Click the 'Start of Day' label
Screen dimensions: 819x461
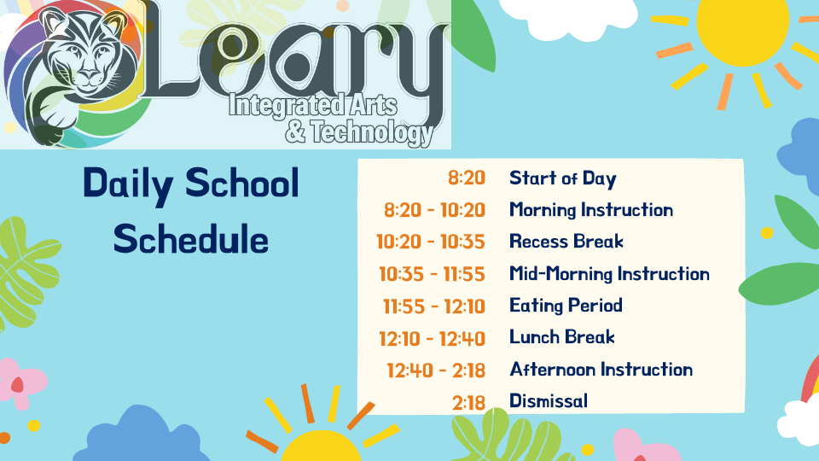click(x=563, y=178)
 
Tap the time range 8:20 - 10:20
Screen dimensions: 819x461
click(x=434, y=210)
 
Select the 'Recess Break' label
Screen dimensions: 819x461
click(x=566, y=242)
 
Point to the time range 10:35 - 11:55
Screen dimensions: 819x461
click(x=432, y=274)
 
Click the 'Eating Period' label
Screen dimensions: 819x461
click(x=566, y=306)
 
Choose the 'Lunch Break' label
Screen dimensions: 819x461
click(x=562, y=337)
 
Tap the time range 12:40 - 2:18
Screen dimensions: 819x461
click(x=436, y=371)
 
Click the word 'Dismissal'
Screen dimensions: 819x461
click(x=549, y=401)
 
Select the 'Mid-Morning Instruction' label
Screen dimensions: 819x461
click(x=609, y=274)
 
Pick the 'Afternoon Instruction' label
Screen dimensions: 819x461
click(x=601, y=370)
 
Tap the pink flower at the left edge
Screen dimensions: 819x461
click(x=20, y=382)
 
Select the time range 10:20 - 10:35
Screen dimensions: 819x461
click(x=431, y=242)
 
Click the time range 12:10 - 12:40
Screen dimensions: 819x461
click(x=433, y=339)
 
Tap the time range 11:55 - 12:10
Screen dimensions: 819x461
click(x=434, y=306)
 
